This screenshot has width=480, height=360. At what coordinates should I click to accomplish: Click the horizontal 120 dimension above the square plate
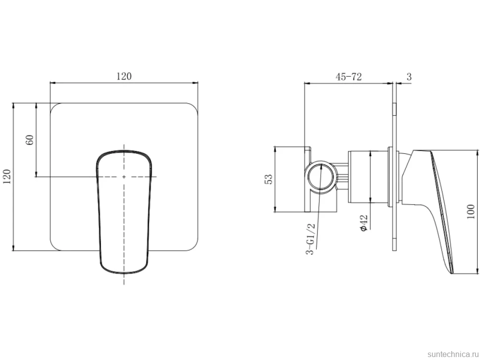[x=124, y=76]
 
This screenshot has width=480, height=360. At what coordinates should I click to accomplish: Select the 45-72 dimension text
[x=348, y=77]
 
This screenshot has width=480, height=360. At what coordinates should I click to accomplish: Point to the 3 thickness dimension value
[x=409, y=77]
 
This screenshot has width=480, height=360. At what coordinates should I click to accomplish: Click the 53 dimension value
[x=268, y=179]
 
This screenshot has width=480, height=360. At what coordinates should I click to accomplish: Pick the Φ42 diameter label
[x=364, y=223]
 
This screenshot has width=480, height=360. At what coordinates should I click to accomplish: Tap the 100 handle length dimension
[x=471, y=212]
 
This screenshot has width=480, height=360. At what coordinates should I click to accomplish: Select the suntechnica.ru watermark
[x=453, y=354]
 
